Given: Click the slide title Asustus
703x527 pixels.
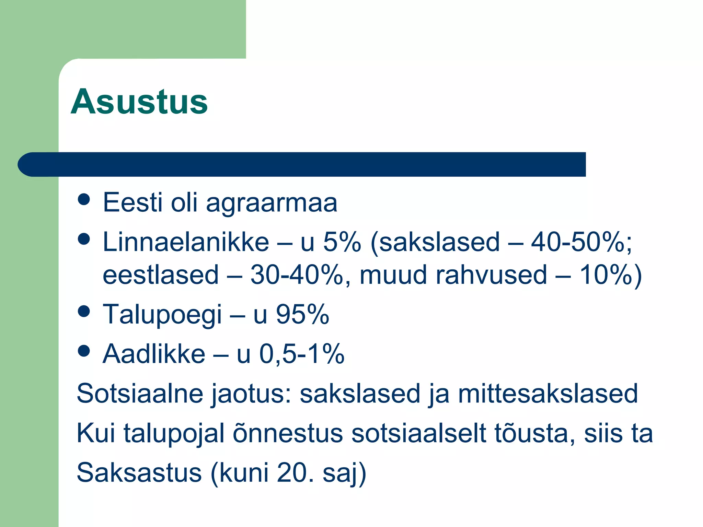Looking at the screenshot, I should click(139, 102).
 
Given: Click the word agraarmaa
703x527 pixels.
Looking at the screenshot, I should click(272, 203).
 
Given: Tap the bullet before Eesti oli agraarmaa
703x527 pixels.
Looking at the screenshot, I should click(84, 199).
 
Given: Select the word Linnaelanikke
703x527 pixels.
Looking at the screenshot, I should click(186, 242).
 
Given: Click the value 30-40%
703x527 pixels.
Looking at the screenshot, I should click(296, 275).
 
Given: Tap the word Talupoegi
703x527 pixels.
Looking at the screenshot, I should click(162, 314).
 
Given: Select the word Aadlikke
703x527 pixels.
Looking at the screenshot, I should click(154, 354).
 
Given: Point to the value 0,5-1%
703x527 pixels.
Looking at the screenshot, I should click(301, 354).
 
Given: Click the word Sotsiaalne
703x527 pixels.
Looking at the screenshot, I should click(140, 394).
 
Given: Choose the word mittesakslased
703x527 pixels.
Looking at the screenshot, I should click(548, 394).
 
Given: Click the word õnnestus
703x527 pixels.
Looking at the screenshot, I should click(288, 433).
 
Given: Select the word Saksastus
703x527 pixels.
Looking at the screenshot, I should click(139, 473).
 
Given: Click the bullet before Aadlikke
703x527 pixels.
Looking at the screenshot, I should click(84, 351).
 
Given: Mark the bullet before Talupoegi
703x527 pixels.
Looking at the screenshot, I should click(84, 312).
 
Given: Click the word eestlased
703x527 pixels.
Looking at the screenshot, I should click(161, 275).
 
